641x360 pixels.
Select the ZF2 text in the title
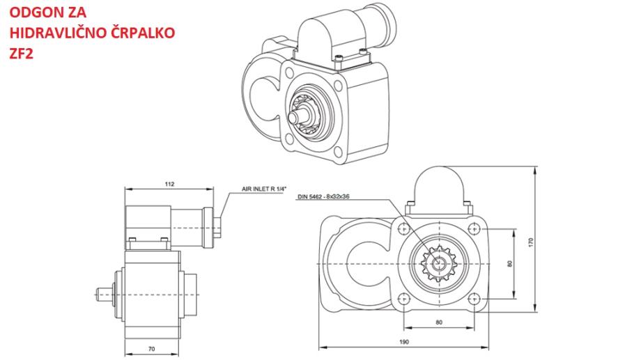tap(21, 53)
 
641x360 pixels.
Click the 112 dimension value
tap(169, 184)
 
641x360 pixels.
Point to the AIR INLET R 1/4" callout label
tap(264, 189)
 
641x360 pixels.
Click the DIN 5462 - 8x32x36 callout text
tap(323, 196)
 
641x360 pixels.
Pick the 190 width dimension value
tap(403, 342)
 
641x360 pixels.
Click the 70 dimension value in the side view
tap(151, 349)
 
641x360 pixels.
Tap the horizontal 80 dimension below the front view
tap(439, 322)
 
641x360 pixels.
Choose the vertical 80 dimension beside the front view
tap(509, 264)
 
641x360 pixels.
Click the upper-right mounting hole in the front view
tap(474, 228)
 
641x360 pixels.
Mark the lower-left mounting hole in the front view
tap(404, 299)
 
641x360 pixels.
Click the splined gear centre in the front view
tap(439, 264)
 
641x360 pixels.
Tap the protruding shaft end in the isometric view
tap(298, 116)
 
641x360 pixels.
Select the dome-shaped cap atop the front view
tap(439, 187)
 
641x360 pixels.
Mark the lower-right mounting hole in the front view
tap(474, 299)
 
